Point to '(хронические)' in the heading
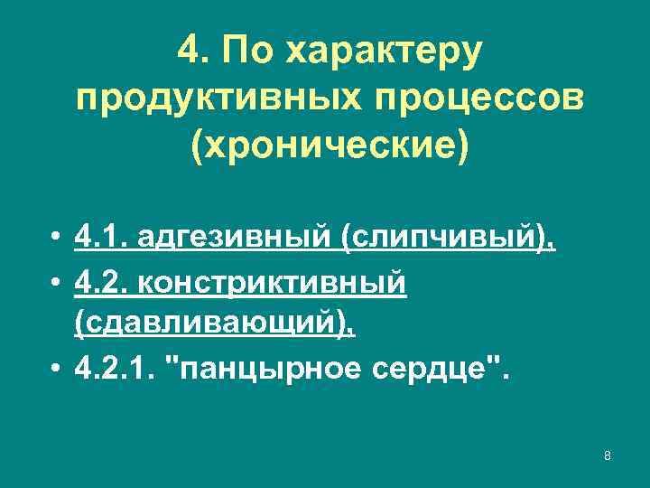coord(330,144)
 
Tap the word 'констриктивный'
coord(269,283)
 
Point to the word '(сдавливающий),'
coord(215,324)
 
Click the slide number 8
coord(608,455)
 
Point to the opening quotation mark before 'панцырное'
coord(176,361)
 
